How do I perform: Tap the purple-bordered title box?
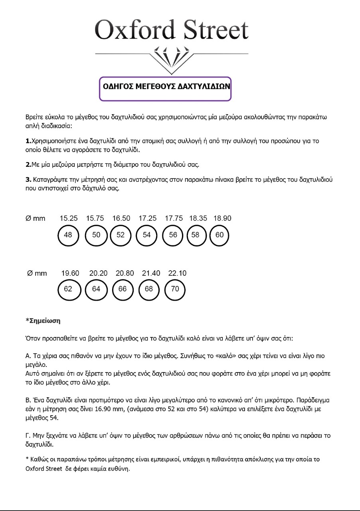pyautogui.click(x=165, y=89)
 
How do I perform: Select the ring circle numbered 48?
pyautogui.click(x=68, y=235)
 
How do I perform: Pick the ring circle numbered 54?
pyautogui.click(x=147, y=235)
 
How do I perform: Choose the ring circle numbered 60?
pyautogui.click(x=220, y=235)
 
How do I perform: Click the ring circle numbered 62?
pyautogui.click(x=68, y=289)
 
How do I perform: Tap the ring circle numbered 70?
pyautogui.click(x=175, y=289)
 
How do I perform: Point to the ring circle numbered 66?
pyautogui.click(x=123, y=289)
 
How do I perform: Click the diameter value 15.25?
pyautogui.click(x=68, y=218)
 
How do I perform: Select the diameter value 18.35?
pyautogui.click(x=198, y=218)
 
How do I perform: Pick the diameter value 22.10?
pyautogui.click(x=177, y=273)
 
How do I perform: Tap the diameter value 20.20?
pyautogui.click(x=98, y=273)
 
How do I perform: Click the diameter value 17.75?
pyautogui.click(x=174, y=218)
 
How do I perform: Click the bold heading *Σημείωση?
pyautogui.click(x=43, y=321)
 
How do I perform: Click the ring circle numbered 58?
pyautogui.click(x=195, y=235)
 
